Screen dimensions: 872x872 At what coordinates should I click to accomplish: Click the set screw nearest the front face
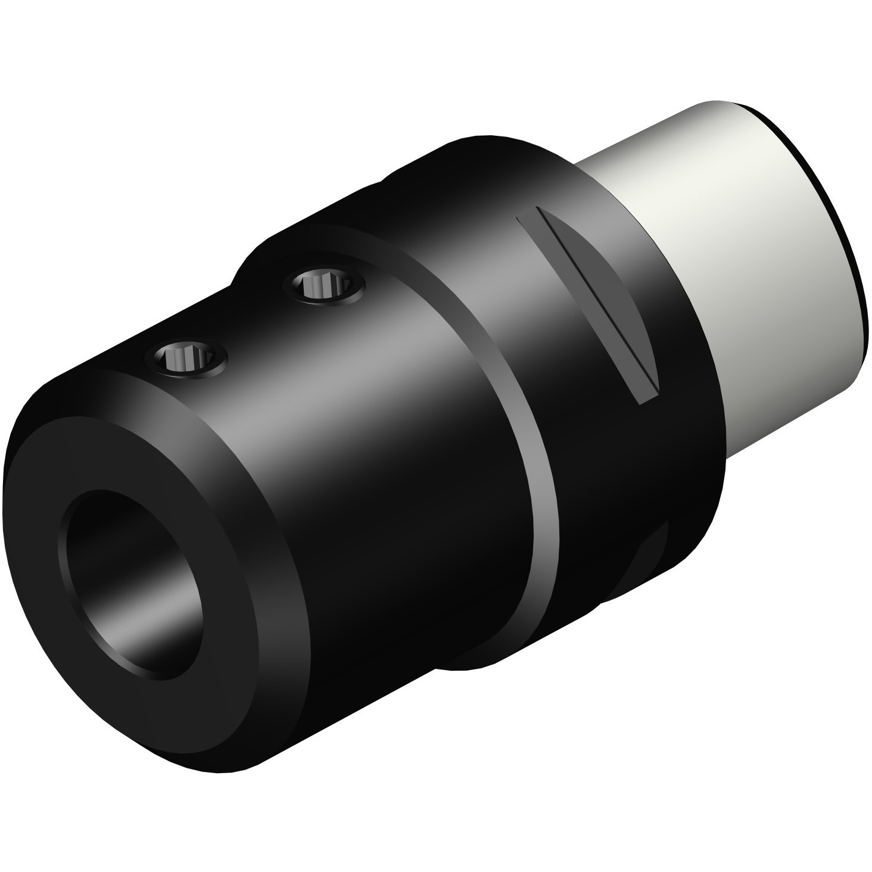coord(189,359)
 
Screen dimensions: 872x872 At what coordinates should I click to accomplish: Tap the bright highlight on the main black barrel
coord(334,387)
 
